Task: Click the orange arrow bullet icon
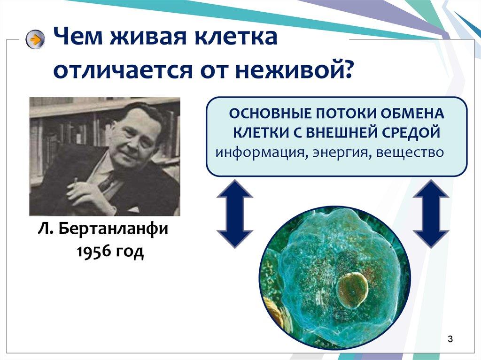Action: pyautogui.click(x=35, y=39)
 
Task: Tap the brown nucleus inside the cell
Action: pyautogui.click(x=353, y=290)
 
